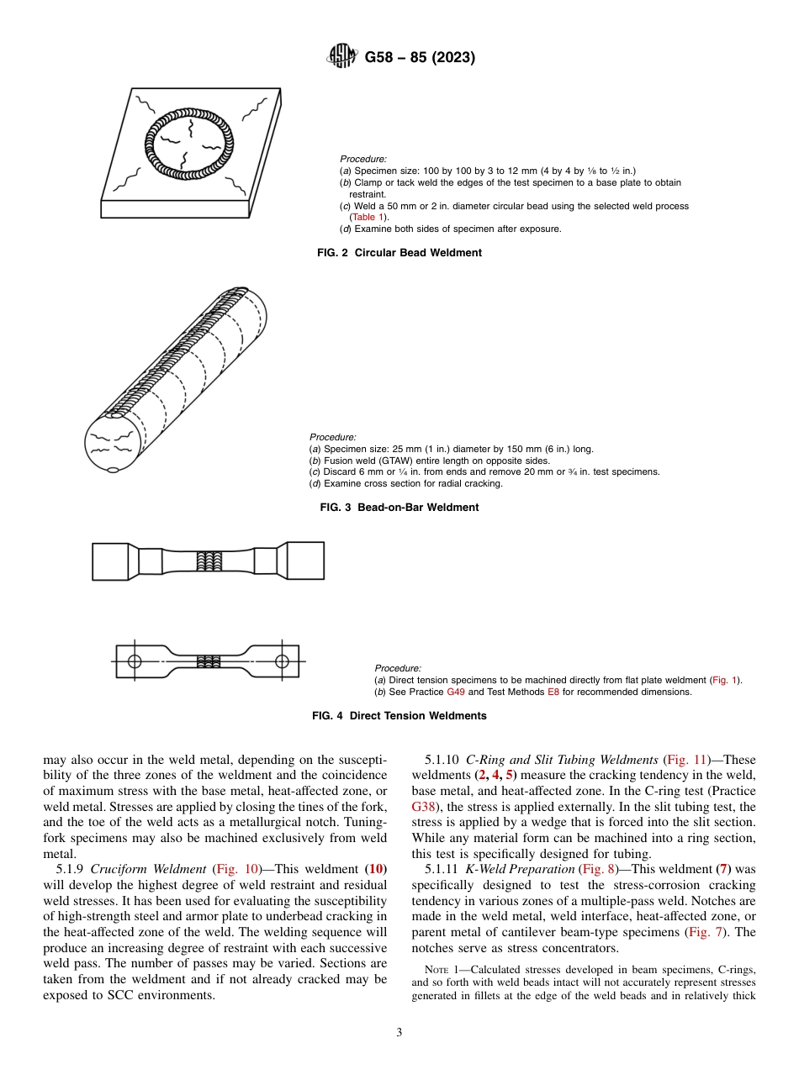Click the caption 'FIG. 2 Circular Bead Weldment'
399,252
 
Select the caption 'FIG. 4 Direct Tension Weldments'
399,716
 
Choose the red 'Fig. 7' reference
705,932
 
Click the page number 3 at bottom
399,1032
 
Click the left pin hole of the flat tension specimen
135,661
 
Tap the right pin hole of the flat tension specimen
281,661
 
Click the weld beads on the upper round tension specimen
208,561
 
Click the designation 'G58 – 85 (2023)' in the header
420,58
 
